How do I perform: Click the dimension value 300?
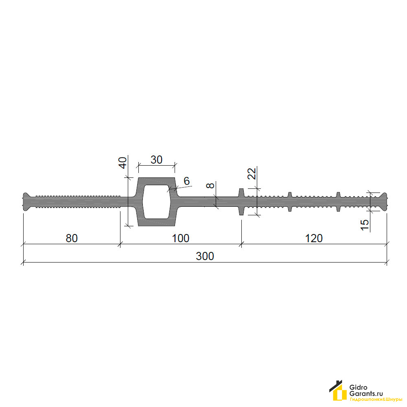pos(205,256)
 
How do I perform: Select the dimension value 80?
pos(72,238)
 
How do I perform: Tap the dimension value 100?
pos(181,238)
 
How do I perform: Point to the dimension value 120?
pos(314,238)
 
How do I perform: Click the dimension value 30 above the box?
pos(157,160)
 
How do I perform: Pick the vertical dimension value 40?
pos(123,163)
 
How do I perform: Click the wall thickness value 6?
pos(187,181)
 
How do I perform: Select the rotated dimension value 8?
pos(210,185)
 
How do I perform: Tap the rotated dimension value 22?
pos(252,174)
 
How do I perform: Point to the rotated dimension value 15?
pos(365,225)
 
